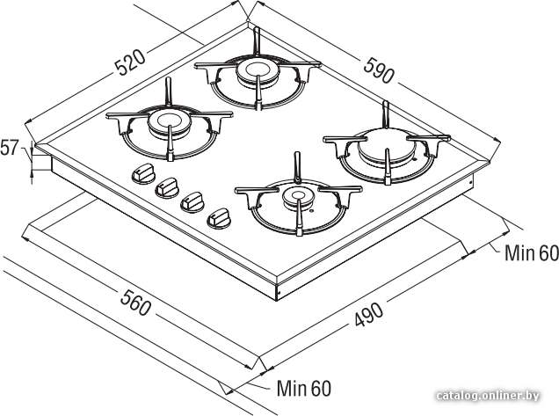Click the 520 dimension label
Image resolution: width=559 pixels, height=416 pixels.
click(130, 62)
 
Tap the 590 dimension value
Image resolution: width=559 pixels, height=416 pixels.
click(379, 70)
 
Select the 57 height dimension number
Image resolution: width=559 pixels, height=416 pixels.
click(9, 148)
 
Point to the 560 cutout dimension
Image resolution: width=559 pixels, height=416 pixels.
click(135, 303)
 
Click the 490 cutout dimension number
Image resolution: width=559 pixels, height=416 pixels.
click(369, 314)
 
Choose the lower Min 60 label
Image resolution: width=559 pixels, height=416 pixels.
click(304, 388)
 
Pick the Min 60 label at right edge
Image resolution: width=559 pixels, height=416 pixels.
click(532, 253)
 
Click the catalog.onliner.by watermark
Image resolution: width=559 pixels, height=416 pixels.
click(487, 396)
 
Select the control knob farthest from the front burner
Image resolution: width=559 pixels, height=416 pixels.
click(143, 173)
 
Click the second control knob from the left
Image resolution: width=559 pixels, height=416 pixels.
click(167, 188)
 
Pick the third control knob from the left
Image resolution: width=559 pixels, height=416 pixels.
click(192, 202)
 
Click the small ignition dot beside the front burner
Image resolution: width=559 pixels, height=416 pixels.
click(312, 212)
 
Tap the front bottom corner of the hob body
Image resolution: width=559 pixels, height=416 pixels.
click(277, 300)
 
